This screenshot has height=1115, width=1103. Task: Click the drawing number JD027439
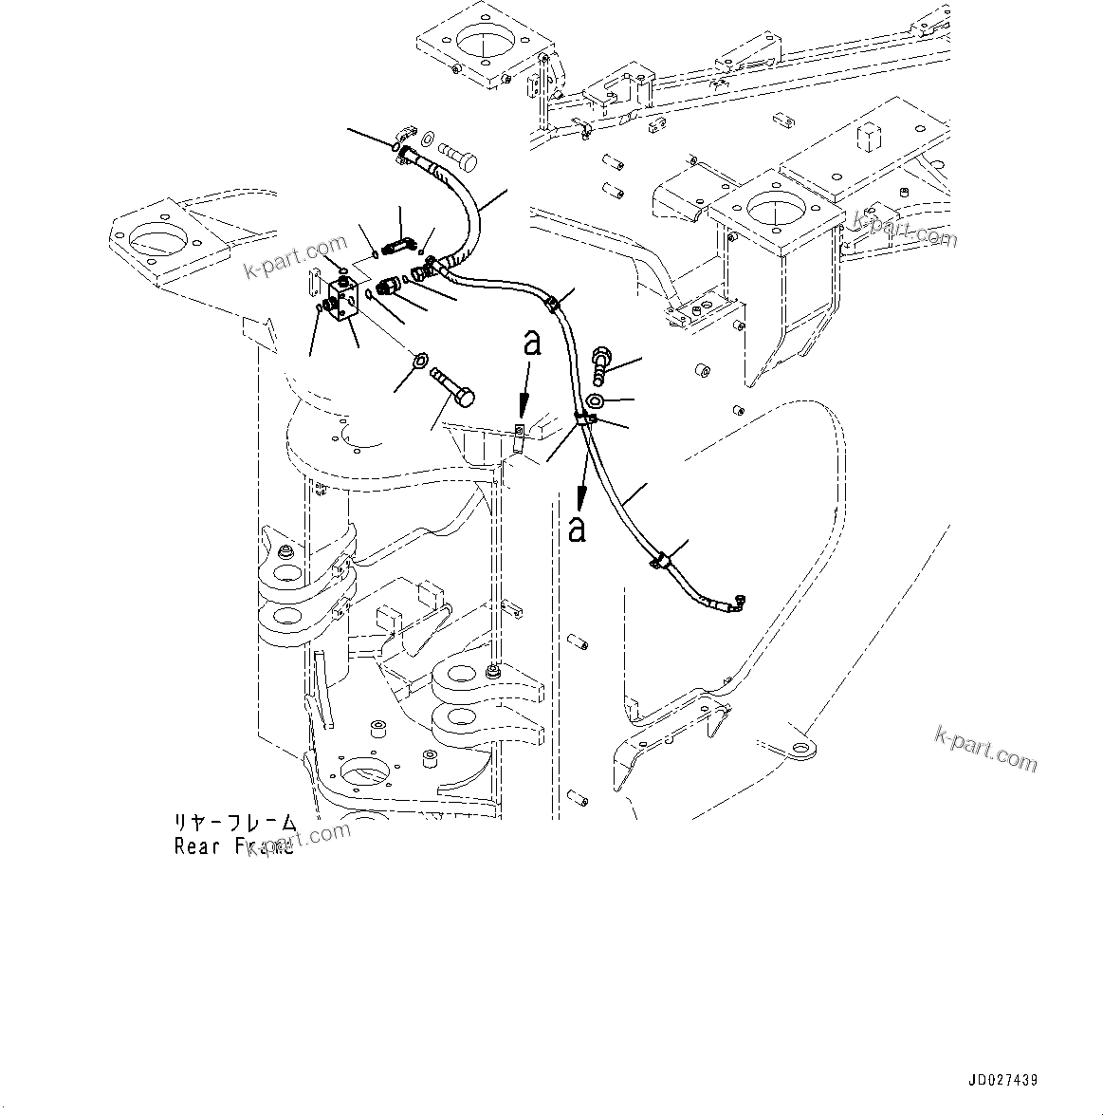[1002, 1081]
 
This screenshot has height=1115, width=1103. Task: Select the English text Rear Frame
[234, 846]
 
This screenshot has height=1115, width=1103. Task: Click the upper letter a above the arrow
[533, 343]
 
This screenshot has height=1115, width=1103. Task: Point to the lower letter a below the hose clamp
[577, 529]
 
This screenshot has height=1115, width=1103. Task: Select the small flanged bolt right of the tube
[602, 361]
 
